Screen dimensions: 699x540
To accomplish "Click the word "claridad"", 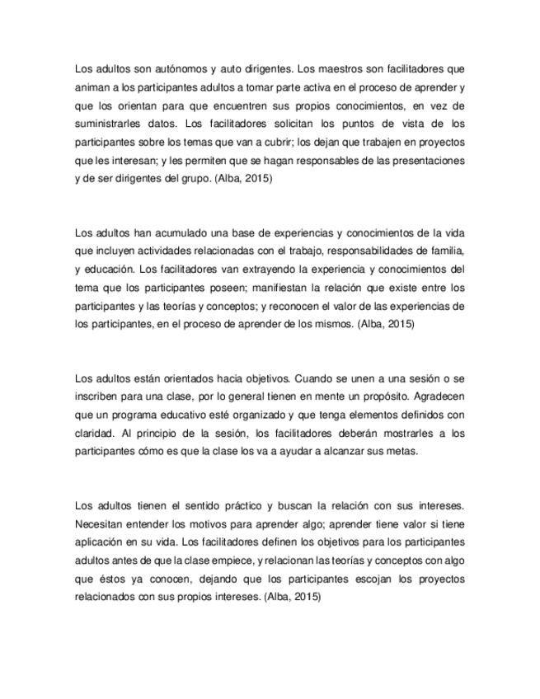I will pyautogui.click(x=95, y=432).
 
